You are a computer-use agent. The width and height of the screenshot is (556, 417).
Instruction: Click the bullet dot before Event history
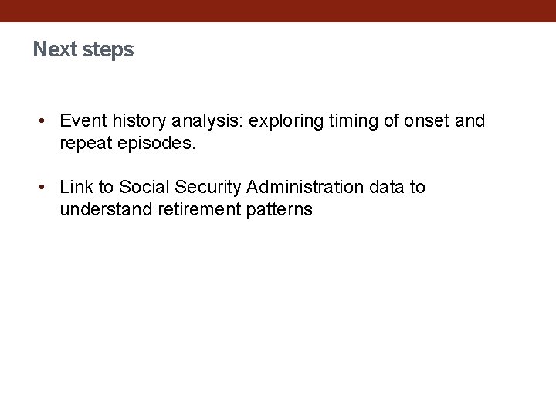pyautogui.click(x=45, y=120)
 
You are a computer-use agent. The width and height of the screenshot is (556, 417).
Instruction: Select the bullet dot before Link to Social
pyautogui.click(x=45, y=188)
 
